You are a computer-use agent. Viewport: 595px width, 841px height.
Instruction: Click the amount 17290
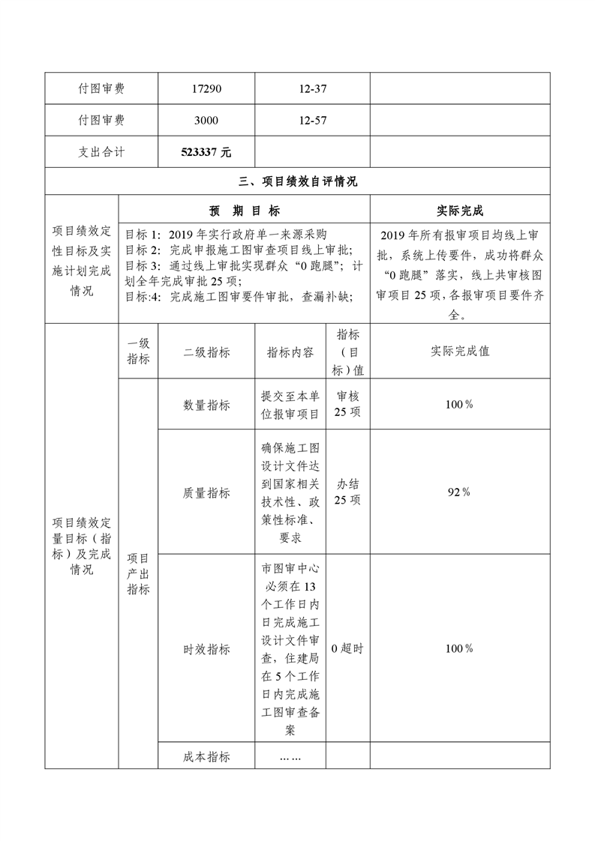point(206,89)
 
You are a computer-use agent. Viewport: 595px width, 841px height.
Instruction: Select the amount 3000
point(206,120)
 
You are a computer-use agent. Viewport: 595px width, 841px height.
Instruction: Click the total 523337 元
point(206,151)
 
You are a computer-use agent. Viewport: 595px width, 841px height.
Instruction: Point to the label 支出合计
point(101,151)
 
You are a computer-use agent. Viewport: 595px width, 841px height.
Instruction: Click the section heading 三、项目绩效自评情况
point(297,181)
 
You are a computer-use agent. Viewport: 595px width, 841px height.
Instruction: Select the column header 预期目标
point(244,211)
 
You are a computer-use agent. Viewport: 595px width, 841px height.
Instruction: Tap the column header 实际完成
point(460,211)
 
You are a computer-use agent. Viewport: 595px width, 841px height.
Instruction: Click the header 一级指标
point(138,352)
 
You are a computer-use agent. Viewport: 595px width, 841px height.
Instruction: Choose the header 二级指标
point(206,352)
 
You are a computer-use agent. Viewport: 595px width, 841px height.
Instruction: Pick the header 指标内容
point(290,352)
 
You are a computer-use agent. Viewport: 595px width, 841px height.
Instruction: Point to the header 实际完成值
point(460,351)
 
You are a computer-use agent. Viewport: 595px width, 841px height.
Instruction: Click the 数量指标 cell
point(206,405)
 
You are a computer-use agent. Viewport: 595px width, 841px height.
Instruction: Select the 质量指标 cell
point(206,493)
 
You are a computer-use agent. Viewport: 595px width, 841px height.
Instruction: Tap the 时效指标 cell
point(206,649)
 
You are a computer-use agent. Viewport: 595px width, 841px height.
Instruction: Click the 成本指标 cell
point(206,756)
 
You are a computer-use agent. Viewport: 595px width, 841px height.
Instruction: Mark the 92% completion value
point(458,492)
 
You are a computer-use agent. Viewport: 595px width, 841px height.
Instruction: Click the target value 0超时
point(347,649)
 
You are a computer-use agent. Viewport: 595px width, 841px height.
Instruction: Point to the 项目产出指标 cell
point(138,573)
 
